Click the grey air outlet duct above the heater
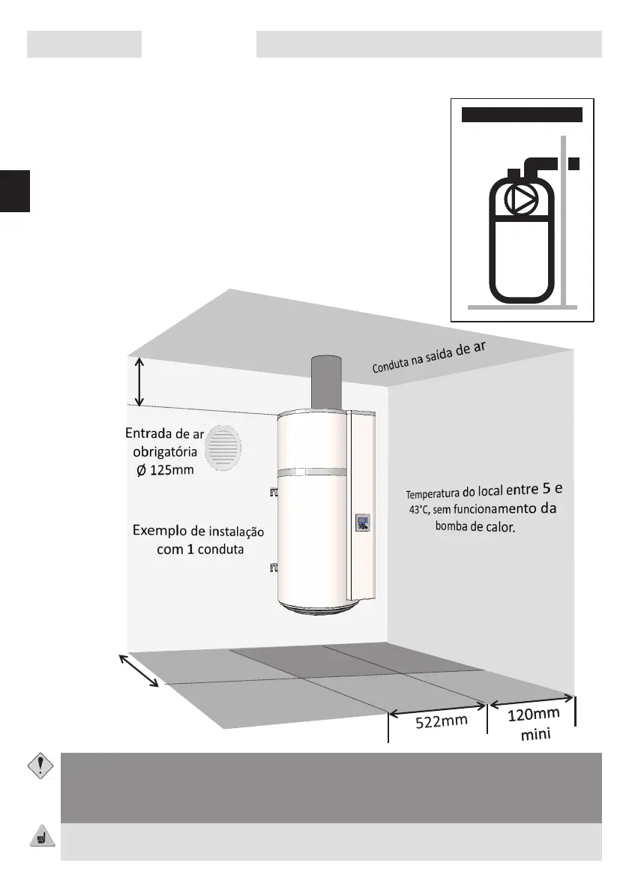[326, 382]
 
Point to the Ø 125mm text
[160, 470]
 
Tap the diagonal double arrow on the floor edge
[139, 670]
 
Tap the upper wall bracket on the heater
[273, 491]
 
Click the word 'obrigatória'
[161, 452]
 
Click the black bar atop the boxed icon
[522, 115]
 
